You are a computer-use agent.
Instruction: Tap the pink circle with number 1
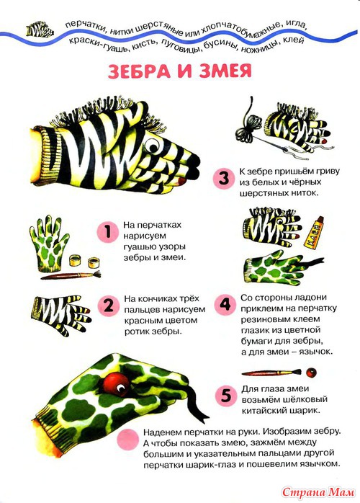pyautogui.click(x=107, y=231)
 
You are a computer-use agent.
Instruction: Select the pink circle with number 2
pyautogui.click(x=108, y=306)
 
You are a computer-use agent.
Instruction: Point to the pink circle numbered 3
pyautogui.click(x=224, y=179)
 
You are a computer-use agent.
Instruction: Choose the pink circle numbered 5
pyautogui.click(x=225, y=395)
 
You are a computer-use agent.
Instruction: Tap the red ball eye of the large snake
pyautogui.click(x=116, y=383)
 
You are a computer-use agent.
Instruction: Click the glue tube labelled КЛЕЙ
pyautogui.click(x=313, y=233)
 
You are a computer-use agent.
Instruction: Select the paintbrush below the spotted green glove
pyautogui.click(x=71, y=275)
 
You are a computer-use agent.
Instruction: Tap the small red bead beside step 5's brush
pyautogui.click(x=311, y=373)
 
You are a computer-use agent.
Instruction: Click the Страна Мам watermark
pyautogui.click(x=319, y=491)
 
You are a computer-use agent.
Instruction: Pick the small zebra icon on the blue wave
pyautogui.click(x=40, y=30)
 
